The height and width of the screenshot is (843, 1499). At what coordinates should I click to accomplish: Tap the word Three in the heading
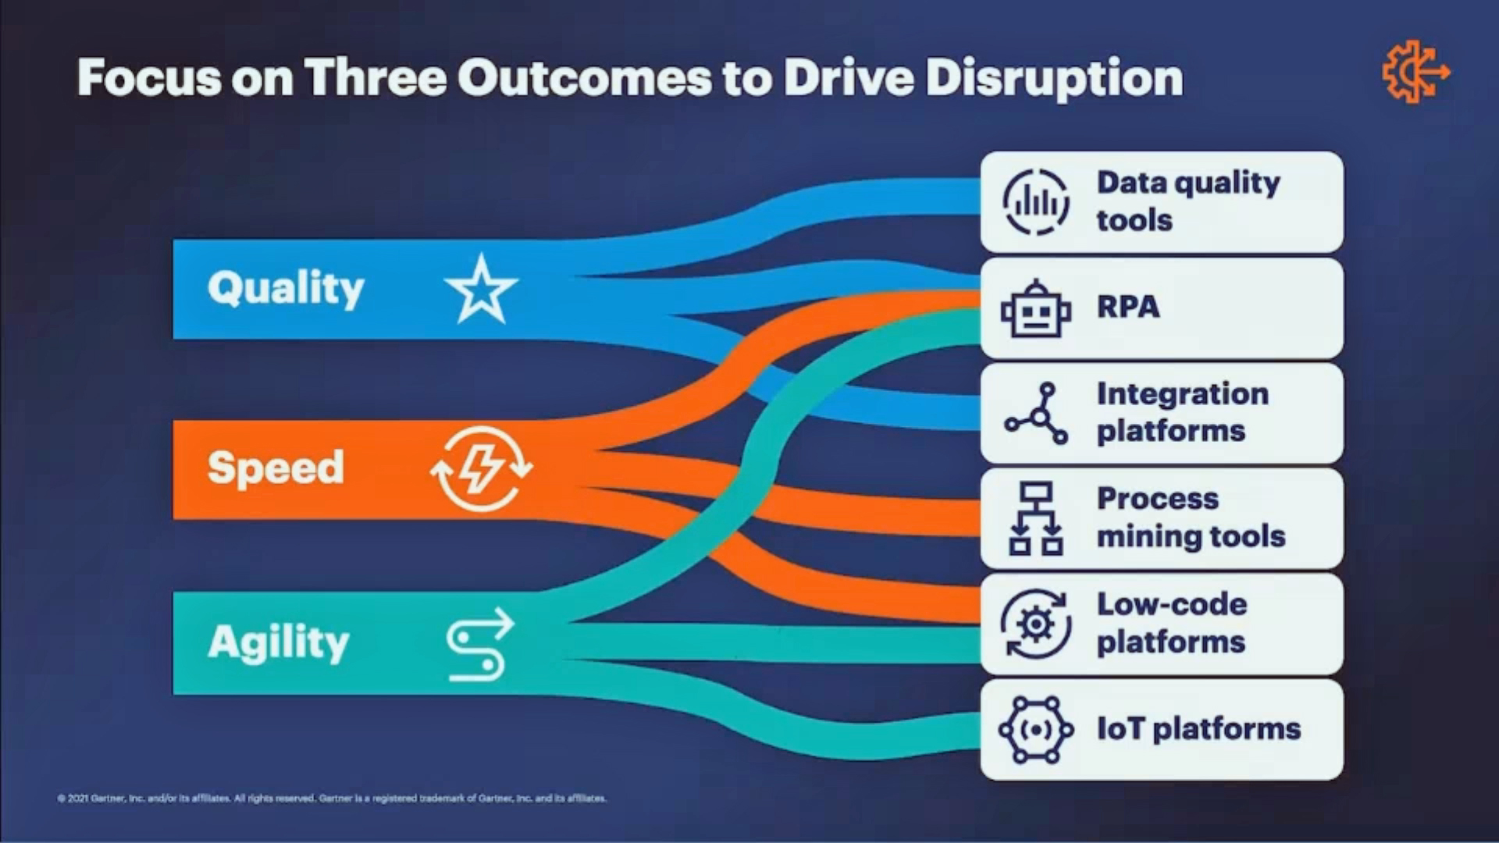click(x=376, y=78)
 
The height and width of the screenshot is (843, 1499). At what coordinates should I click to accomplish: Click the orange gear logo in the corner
click(x=1415, y=73)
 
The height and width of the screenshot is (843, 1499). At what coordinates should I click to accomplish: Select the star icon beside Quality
click(x=481, y=290)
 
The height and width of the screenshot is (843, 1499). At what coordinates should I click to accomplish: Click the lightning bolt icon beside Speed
click(x=481, y=468)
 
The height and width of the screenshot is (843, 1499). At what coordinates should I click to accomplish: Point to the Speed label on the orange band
click(x=276, y=468)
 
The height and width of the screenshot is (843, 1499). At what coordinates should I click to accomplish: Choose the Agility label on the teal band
click(x=279, y=643)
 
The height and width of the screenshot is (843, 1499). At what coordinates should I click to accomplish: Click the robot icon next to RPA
click(x=1036, y=309)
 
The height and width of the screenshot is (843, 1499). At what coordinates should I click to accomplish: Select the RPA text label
click(x=1128, y=307)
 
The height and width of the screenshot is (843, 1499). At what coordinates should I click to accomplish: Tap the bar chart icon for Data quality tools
click(x=1036, y=202)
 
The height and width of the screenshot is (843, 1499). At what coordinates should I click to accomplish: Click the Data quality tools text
click(x=1188, y=201)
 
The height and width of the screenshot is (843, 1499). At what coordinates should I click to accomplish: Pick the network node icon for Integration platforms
click(x=1036, y=414)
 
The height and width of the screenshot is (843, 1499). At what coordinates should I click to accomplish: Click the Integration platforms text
click(x=1183, y=412)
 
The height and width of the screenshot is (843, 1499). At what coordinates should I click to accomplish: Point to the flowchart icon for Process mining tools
click(x=1036, y=518)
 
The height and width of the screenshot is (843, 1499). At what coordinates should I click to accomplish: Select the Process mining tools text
click(x=1191, y=518)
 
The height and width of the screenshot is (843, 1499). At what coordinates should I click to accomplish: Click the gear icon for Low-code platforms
click(x=1036, y=624)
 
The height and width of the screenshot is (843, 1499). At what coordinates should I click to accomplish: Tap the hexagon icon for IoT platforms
click(x=1036, y=730)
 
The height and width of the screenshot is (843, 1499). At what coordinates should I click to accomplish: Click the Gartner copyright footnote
click(x=332, y=799)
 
